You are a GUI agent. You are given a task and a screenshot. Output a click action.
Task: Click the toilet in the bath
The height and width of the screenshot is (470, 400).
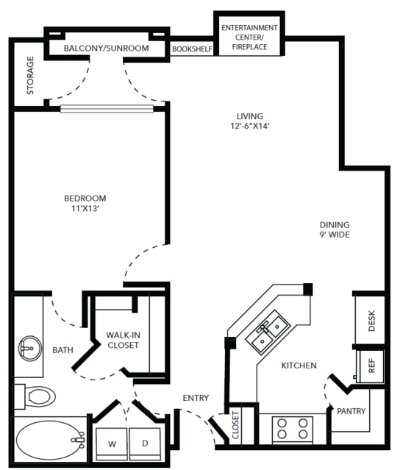click(x=35, y=396)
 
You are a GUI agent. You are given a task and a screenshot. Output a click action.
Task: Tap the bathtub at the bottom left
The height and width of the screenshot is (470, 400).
click(x=50, y=440)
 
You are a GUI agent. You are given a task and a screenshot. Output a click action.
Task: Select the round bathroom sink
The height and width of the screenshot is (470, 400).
click(x=30, y=349)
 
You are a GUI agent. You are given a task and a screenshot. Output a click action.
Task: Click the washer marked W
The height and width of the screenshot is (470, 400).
click(x=112, y=444)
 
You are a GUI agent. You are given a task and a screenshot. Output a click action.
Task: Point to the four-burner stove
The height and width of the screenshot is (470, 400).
click(x=293, y=429)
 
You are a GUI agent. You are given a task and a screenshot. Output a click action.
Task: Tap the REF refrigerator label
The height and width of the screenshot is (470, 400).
click(x=371, y=366)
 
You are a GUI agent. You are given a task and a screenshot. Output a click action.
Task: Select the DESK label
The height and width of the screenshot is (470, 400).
click(x=371, y=321)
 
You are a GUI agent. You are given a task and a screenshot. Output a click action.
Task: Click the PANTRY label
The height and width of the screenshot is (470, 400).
click(x=351, y=411)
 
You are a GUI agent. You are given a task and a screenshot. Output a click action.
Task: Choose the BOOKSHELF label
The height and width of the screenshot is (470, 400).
click(x=192, y=49)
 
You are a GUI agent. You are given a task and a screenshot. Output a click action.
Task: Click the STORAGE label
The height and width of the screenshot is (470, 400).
click(x=30, y=76)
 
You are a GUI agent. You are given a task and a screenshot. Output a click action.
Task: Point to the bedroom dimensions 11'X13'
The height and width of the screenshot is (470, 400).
click(x=85, y=208)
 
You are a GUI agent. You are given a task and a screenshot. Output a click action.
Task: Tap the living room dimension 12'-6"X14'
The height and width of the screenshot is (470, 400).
click(x=250, y=126)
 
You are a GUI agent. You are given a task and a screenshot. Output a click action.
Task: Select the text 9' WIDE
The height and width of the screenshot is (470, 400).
click(x=335, y=235)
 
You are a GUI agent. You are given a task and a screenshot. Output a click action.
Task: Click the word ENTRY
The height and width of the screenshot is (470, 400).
click(x=196, y=398)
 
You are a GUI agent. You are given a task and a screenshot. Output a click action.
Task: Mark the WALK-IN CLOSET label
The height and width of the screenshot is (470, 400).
click(x=123, y=340)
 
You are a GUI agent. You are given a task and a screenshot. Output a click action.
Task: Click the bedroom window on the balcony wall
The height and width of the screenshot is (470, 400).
click(x=107, y=109)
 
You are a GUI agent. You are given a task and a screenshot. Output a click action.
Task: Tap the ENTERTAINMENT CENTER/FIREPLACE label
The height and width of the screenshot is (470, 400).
click(x=249, y=38)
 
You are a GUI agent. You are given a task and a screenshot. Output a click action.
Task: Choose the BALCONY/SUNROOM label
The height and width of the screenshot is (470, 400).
click(x=107, y=49)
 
